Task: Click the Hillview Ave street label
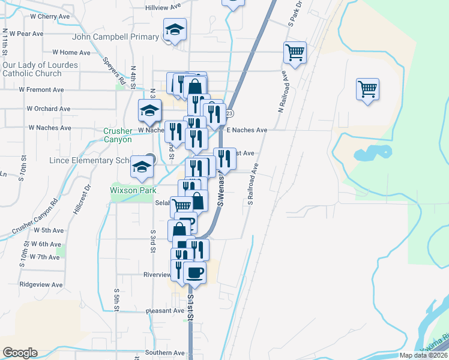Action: (x=163, y=7)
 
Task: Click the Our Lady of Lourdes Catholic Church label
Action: (x=40, y=69)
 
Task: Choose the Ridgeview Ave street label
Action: (x=41, y=284)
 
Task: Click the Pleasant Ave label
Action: (x=165, y=311)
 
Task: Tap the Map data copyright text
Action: (x=423, y=355)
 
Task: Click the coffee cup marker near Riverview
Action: (x=194, y=272)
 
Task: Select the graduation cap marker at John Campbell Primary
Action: (x=175, y=30)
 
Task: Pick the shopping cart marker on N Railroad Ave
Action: (x=295, y=52)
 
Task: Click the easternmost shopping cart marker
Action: (x=367, y=89)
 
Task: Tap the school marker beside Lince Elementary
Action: (x=142, y=167)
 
